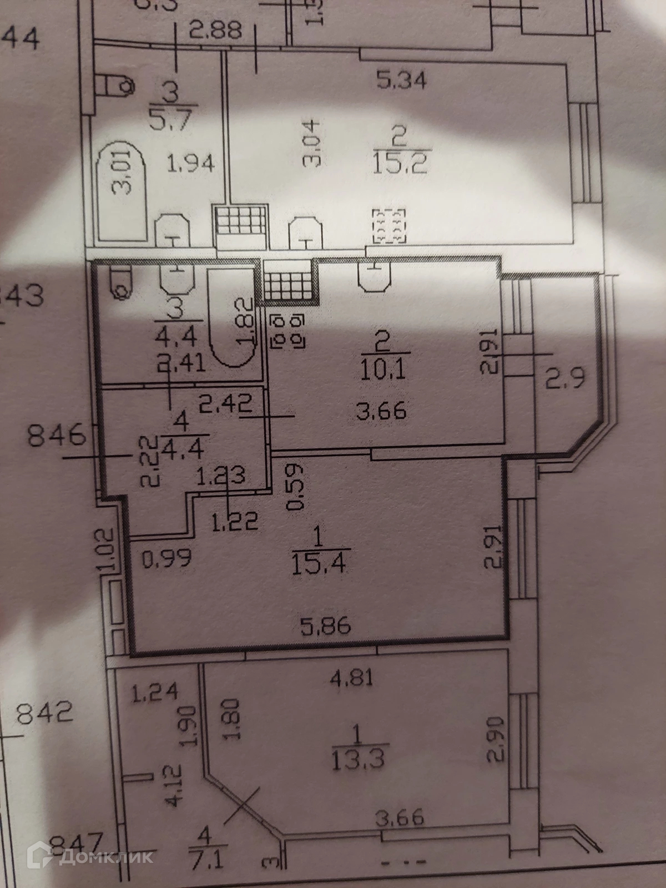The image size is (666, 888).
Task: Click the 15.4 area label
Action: [319, 563]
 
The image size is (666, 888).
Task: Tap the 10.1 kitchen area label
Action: [383, 367]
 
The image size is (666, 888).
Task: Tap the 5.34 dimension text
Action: [401, 80]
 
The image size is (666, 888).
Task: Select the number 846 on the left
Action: [57, 436]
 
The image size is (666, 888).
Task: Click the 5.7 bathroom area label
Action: [171, 118]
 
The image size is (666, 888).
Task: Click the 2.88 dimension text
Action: [215, 31]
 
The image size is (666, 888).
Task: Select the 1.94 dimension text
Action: [190, 164]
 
